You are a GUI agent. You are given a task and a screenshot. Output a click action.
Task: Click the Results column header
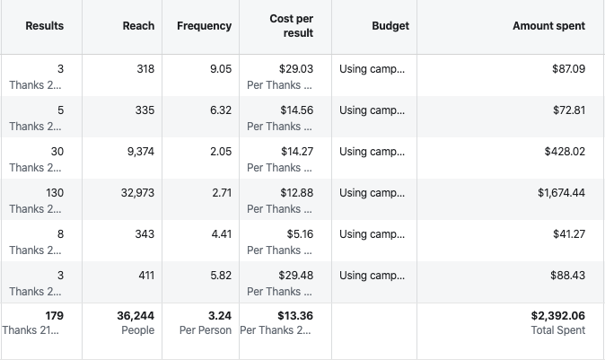point(44,26)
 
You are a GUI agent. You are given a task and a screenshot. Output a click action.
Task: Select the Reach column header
point(138,26)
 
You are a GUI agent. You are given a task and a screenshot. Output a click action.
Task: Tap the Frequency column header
point(204,26)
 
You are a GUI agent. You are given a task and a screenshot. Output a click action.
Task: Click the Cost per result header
point(291,26)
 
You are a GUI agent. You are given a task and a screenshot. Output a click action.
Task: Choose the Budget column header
point(390,26)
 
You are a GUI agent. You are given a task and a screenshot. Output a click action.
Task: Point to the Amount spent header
point(548,26)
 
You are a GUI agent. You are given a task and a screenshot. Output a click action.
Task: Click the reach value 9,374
point(136,152)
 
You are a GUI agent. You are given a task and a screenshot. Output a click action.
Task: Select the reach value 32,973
point(137,193)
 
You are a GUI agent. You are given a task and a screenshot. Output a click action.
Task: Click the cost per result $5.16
point(299,234)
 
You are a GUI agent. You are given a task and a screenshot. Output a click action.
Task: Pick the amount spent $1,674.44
point(561,193)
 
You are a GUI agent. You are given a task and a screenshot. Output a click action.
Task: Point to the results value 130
point(54,193)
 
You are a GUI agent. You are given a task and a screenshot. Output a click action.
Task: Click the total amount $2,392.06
point(558,316)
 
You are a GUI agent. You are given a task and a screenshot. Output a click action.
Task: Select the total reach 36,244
point(136,316)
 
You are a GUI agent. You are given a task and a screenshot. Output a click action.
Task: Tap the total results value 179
point(53,316)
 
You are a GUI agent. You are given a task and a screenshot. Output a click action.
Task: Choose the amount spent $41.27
point(567,234)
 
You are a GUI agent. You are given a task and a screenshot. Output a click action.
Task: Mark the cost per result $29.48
point(295,276)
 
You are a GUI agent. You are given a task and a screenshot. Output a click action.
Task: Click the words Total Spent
point(557,330)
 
